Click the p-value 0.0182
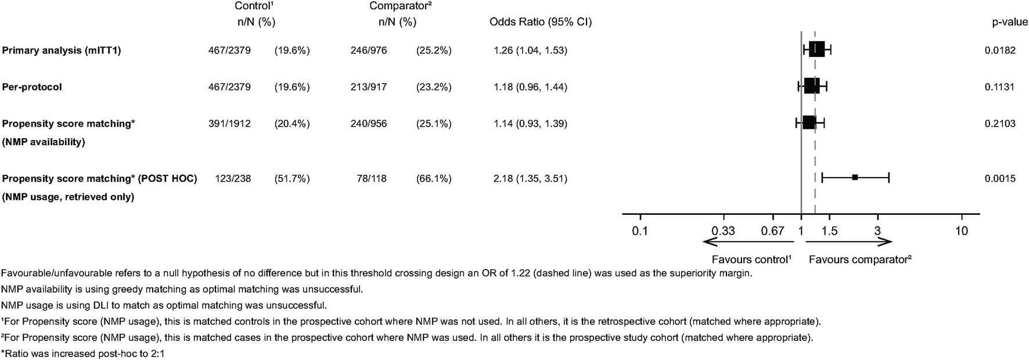[1000, 51]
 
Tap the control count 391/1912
[229, 124]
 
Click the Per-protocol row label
[32, 87]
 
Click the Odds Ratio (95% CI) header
[541, 23]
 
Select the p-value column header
[1003, 23]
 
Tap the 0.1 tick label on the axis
[640, 231]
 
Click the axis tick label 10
[962, 231]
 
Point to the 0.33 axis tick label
[724, 231]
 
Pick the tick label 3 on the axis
[877, 231]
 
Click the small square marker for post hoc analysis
[855, 177]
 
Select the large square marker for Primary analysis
[816, 49]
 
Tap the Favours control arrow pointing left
[748, 242]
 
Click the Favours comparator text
[860, 260]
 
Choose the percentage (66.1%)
[434, 179]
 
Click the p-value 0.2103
[1000, 124]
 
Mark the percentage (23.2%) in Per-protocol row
[434, 87]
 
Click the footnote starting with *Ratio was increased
[83, 353]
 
